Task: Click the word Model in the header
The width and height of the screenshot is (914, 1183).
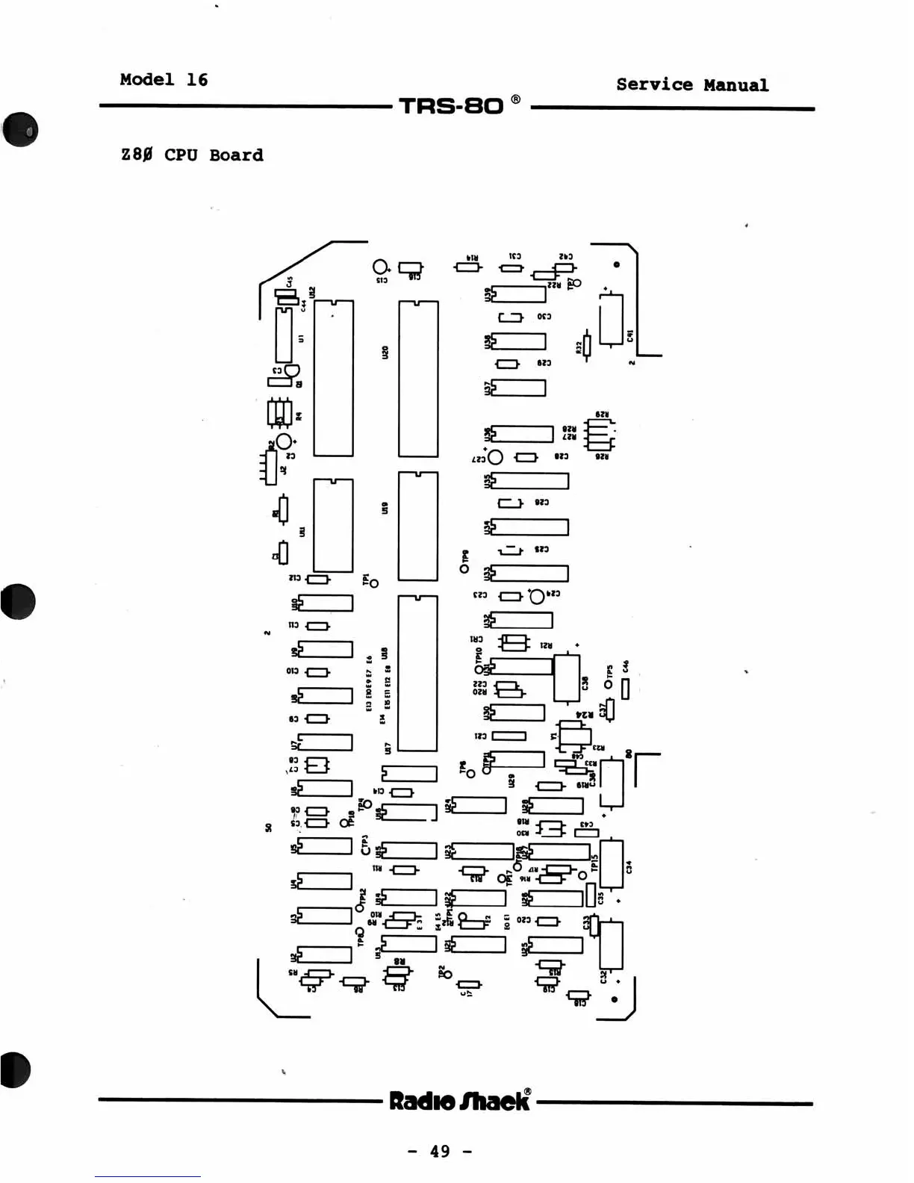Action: (147, 79)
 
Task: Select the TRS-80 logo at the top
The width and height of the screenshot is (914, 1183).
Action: (452, 105)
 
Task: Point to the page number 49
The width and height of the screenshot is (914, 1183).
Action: (441, 1151)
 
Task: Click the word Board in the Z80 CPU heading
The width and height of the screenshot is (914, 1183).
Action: (236, 155)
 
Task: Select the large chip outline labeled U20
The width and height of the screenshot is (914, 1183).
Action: (418, 378)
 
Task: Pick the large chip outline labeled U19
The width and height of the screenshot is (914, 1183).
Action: (418, 525)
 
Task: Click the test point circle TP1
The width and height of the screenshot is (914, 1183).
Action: (374, 583)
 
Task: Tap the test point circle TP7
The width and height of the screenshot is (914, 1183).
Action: (576, 283)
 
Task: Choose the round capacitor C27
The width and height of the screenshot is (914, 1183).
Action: (495, 457)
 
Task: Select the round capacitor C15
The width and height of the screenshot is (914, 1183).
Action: (379, 267)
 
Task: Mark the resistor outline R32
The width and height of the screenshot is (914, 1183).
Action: (587, 346)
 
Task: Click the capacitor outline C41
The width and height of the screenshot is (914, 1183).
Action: (611, 320)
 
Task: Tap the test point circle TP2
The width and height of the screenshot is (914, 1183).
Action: (447, 980)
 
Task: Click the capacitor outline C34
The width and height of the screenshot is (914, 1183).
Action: (612, 864)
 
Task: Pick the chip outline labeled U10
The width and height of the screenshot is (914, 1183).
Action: (325, 603)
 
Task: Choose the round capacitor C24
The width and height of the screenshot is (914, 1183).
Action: (536, 596)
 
